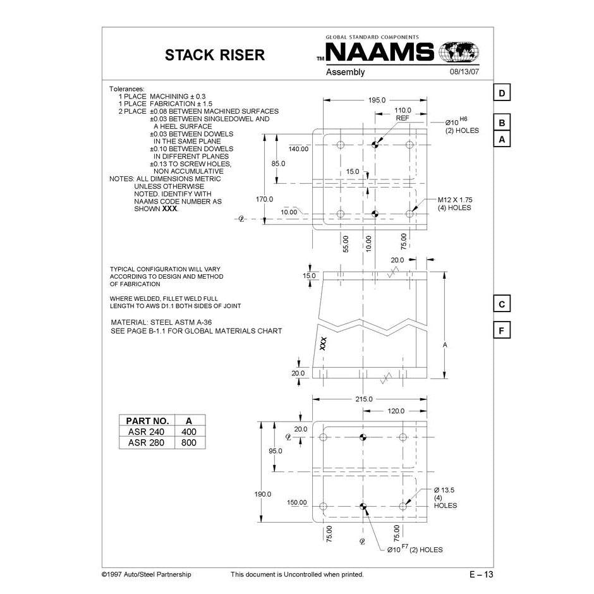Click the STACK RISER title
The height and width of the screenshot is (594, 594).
click(214, 55)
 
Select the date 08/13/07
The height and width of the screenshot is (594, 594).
click(464, 72)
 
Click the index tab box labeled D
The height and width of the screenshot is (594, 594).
click(501, 93)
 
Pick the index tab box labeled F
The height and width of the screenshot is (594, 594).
click(501, 330)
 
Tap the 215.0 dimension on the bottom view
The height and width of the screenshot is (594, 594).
click(364, 399)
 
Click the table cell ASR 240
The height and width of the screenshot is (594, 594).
click(146, 432)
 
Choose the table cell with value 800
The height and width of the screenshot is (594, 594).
click(189, 443)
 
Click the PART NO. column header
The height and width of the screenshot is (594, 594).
click(147, 420)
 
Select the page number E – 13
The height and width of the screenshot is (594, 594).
click(481, 574)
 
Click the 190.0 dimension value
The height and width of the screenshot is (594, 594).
click(263, 494)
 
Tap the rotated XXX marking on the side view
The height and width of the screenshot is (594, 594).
click(323, 343)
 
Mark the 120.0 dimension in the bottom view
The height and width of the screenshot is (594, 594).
click(395, 411)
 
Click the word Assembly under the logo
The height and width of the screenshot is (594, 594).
click(345, 72)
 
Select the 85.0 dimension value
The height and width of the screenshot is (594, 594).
click(278, 164)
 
